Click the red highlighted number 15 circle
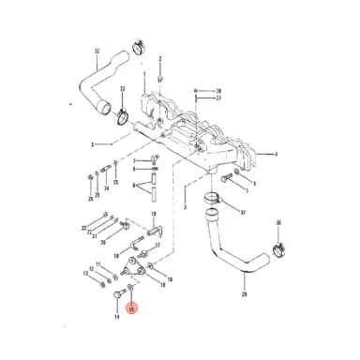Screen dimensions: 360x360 pos(132,307)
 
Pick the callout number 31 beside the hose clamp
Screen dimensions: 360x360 pos(242,213)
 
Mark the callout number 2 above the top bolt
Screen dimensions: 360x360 pos(160,58)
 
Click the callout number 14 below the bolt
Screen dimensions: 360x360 pos(117,317)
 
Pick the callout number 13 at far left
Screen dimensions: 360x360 pos(85,275)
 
